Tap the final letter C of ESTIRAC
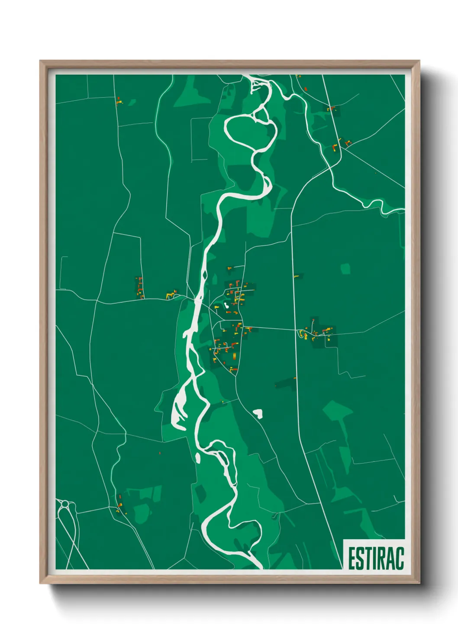point(399,558)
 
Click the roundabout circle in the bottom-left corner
point(65,504)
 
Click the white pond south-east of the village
point(258,413)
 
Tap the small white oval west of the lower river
point(197,457)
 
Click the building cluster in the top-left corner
point(118,101)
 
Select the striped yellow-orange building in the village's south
point(234,356)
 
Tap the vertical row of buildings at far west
point(140,288)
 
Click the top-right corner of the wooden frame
point(419,62)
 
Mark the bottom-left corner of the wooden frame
point(41,582)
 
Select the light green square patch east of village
point(345,269)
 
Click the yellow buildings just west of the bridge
point(171,295)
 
